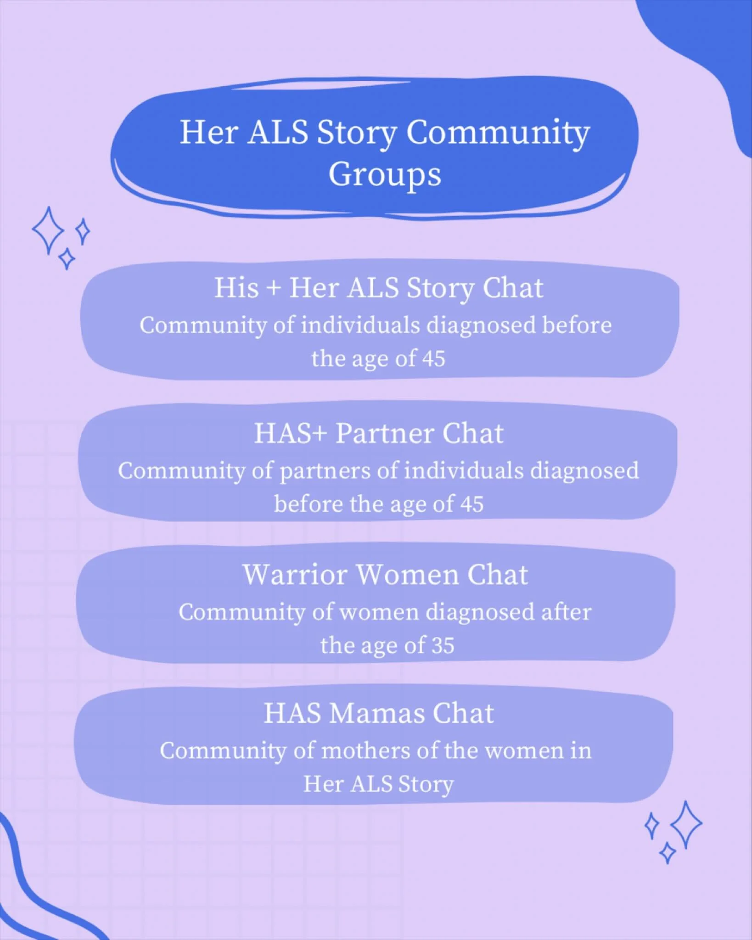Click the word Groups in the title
coord(385,175)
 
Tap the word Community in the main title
coord(498,133)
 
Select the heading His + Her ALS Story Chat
coord(379,288)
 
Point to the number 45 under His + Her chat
coord(433,358)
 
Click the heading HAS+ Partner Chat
coord(379,433)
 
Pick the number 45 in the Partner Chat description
coord(471,504)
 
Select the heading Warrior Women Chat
coord(385,575)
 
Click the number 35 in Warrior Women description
coord(443,645)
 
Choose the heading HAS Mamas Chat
coord(379,713)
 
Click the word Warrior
coord(295,575)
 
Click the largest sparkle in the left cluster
coord(48,230)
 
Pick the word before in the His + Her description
coord(577,325)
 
